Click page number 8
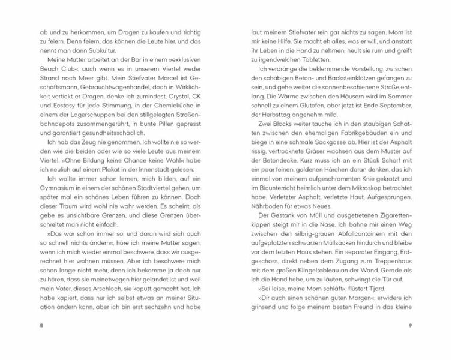[40, 325]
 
